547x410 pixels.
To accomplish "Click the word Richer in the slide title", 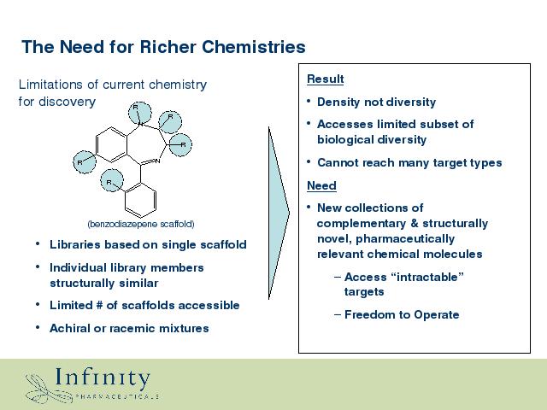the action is [x=168, y=47].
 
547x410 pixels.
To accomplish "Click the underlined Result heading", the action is [x=325, y=79].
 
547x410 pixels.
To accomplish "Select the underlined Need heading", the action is [x=321, y=185].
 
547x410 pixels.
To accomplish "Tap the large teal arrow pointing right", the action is [x=279, y=213].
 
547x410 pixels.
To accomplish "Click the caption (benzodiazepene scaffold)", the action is [x=141, y=224].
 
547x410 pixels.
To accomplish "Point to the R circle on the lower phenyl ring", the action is [x=112, y=180].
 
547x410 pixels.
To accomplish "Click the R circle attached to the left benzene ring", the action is [x=85, y=162].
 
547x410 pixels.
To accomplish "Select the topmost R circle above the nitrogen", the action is [x=139, y=113].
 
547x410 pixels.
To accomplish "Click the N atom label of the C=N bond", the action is [x=157, y=161].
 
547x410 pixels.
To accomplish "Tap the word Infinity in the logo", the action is [x=103, y=378].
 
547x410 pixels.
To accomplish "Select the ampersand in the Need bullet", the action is [x=415, y=223].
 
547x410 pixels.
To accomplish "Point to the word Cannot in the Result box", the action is [x=336, y=162].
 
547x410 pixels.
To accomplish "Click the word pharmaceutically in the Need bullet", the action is [x=405, y=239].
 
